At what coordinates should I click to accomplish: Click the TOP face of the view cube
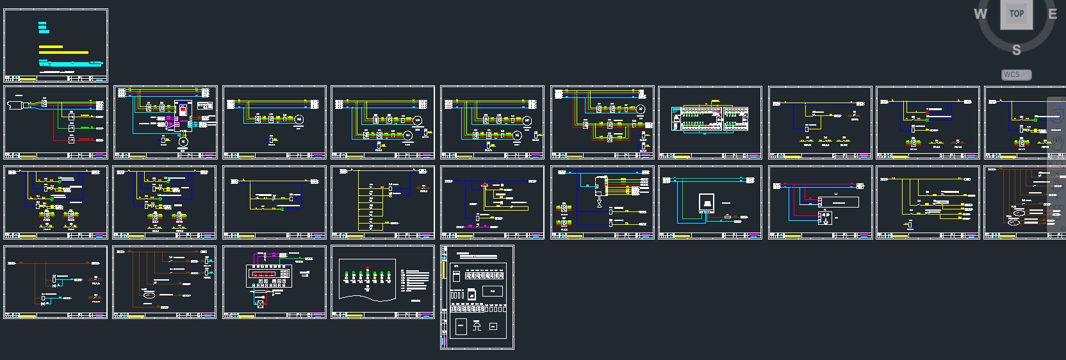tap(1017, 13)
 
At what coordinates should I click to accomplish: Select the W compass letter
tap(980, 14)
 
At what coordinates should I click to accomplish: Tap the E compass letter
tap(1052, 13)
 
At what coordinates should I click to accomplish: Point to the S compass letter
tap(1016, 50)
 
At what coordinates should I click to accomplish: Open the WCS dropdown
tap(1016, 74)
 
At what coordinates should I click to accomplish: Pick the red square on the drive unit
tap(183, 110)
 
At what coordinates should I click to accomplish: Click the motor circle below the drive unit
tap(183, 142)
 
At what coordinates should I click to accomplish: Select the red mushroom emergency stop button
tap(484, 184)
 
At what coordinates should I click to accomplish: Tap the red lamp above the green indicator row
tap(367, 268)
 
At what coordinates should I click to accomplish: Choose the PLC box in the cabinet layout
tap(492, 291)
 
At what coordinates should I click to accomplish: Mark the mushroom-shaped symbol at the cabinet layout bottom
tap(477, 326)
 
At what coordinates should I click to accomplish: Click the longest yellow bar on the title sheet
tap(63, 53)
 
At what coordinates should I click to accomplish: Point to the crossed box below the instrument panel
tap(260, 304)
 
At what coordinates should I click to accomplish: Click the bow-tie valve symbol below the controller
tap(600, 204)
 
